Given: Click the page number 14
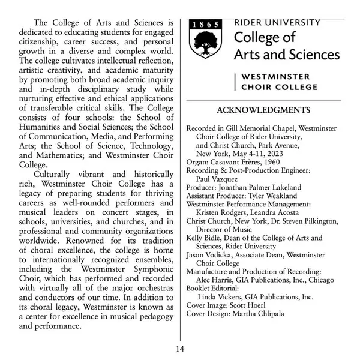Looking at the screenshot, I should (x=181, y=349).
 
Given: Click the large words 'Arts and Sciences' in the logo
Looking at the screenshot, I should (x=286, y=55).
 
